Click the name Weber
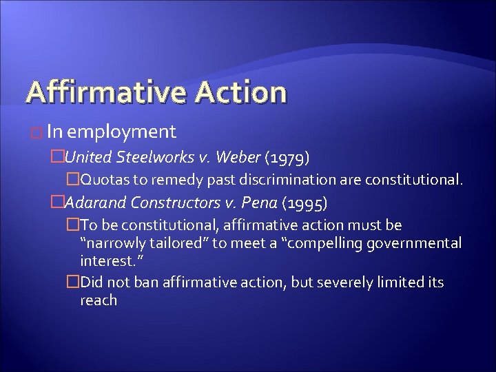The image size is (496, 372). point(238,158)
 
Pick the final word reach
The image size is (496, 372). point(99,300)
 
